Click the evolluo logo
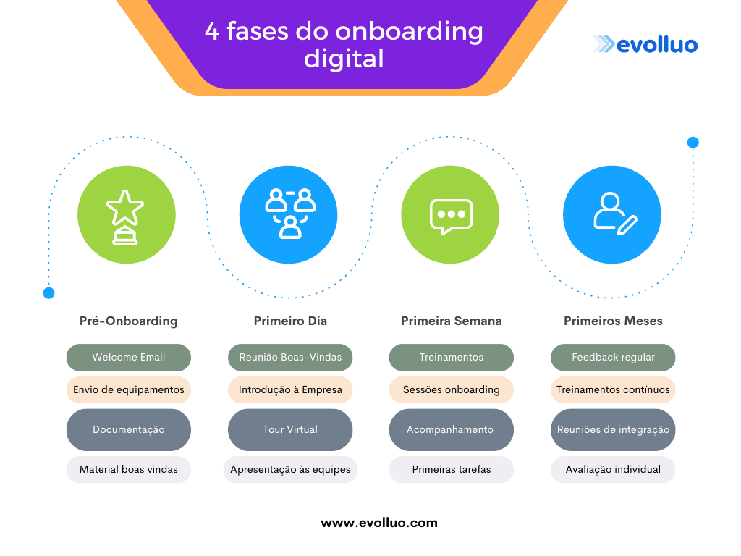click(x=645, y=45)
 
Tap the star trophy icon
click(x=126, y=215)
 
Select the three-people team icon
click(x=289, y=215)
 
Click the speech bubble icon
click(x=451, y=215)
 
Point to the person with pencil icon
click(x=614, y=215)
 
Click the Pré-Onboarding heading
click(x=128, y=321)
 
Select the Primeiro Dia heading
click(x=290, y=321)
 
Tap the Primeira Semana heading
click(x=452, y=321)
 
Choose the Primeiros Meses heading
click(x=613, y=321)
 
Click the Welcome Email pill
click(x=128, y=357)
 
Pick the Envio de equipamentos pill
click(x=128, y=389)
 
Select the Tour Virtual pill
click(x=290, y=429)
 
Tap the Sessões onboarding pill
click(x=452, y=389)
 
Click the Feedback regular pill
click(x=613, y=357)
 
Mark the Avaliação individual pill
click(x=613, y=469)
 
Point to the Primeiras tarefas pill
click(x=452, y=469)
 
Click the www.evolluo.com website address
click(x=379, y=523)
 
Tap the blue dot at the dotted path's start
click(x=48, y=293)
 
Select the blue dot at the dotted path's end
click(x=693, y=143)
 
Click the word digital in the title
click(x=344, y=59)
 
